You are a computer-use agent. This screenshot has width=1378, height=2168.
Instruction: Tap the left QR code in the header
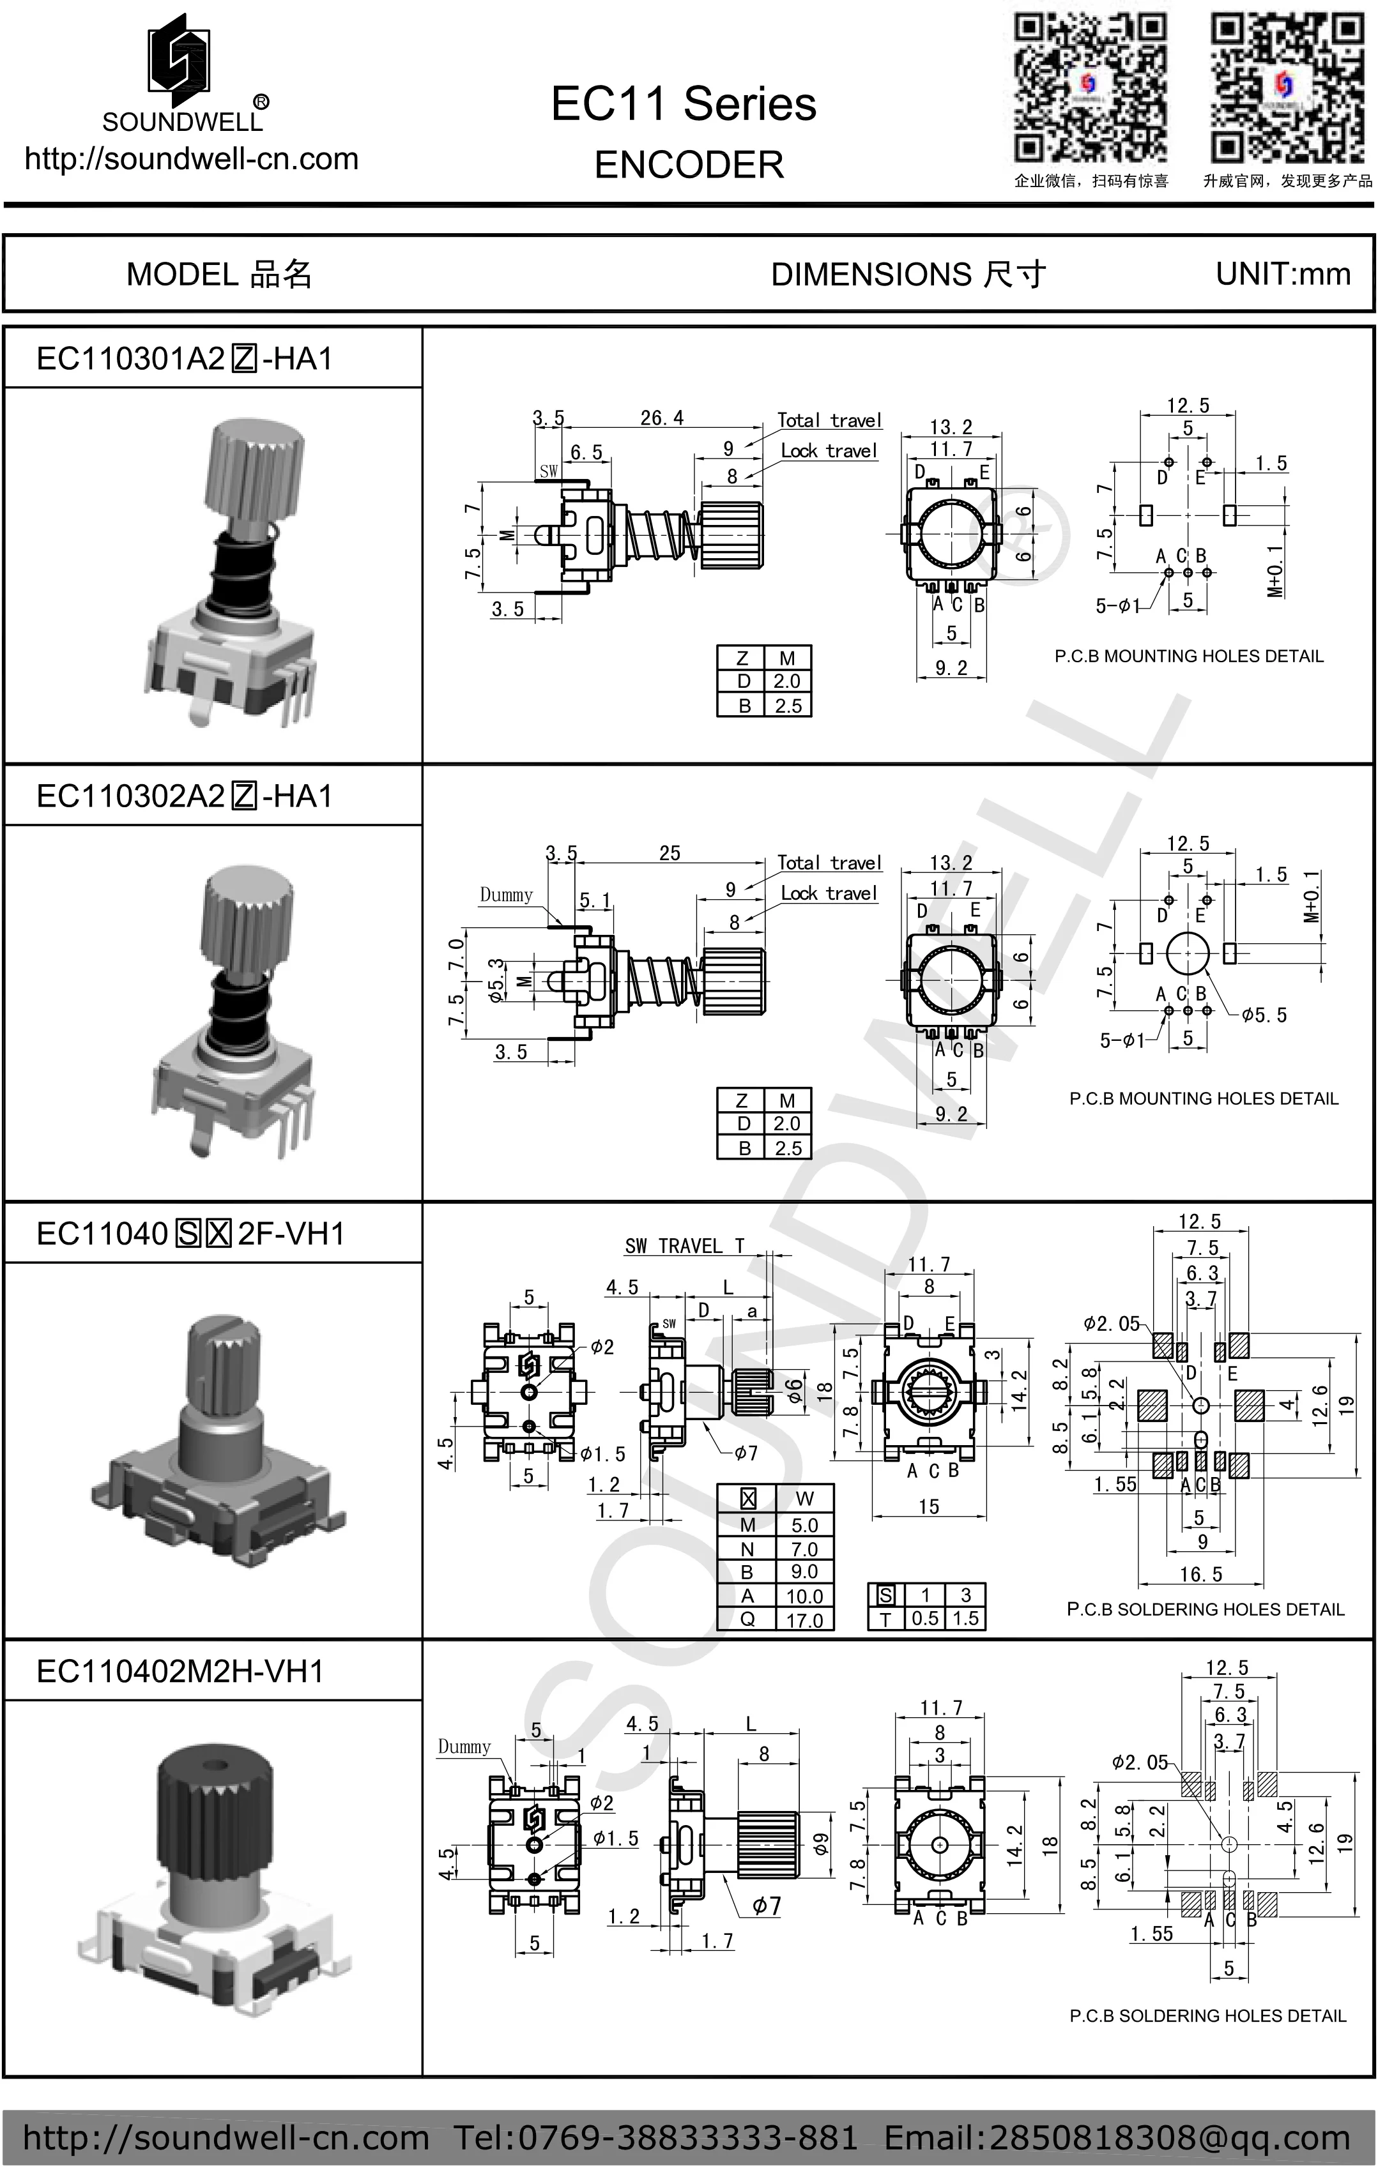1091,88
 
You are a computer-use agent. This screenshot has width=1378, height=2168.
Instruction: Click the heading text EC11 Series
684,103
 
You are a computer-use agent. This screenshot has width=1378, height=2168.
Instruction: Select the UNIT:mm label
1283,274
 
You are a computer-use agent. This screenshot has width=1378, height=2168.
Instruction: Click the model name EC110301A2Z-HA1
185,358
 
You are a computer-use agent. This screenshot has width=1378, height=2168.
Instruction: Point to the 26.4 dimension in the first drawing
662,418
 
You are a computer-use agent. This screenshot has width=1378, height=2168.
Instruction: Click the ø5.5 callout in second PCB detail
1263,1015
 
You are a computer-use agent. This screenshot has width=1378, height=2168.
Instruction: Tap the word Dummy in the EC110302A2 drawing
505,895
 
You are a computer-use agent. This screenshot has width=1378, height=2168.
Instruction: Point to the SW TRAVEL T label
684,1246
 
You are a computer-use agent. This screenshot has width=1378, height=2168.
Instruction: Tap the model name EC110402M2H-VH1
180,1671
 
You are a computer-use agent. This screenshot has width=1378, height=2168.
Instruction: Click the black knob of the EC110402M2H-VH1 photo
215,1810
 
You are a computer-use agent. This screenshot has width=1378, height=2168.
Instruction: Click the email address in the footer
1117,2137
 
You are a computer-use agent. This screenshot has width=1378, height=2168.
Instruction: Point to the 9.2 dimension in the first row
951,668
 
